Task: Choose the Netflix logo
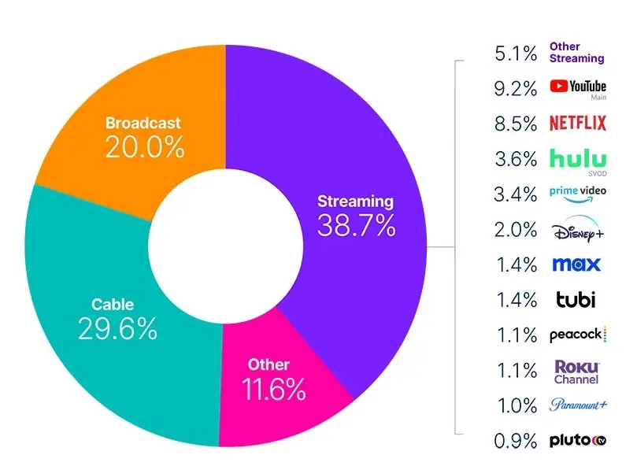(577, 124)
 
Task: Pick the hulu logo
(577, 159)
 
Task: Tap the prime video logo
(577, 194)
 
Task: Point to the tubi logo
(576, 300)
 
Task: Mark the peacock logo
(577, 335)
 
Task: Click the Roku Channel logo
(576, 372)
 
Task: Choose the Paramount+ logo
(578, 405)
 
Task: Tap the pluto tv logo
(577, 441)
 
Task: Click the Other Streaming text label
(576, 53)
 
